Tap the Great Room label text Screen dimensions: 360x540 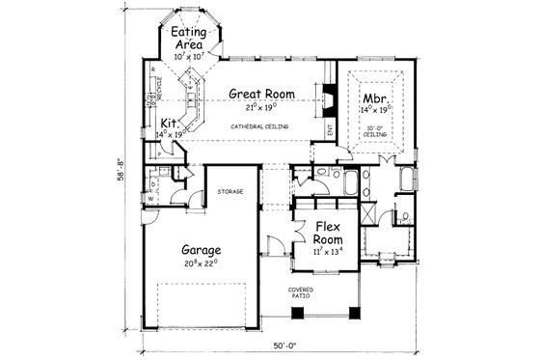click(x=260, y=95)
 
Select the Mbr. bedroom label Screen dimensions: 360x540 click(x=374, y=98)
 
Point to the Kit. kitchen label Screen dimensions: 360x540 click(x=168, y=124)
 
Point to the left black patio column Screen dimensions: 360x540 click(x=295, y=310)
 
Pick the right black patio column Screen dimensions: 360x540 click(x=359, y=310)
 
